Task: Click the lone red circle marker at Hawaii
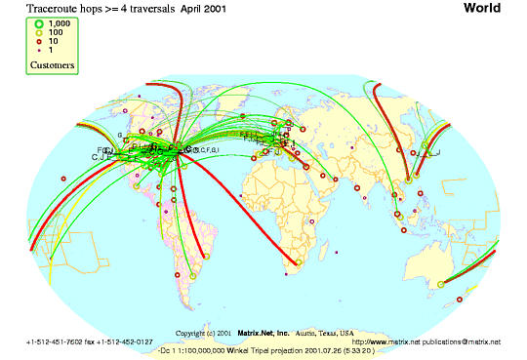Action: [x=63, y=178]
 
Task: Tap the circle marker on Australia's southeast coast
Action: [x=441, y=284]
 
